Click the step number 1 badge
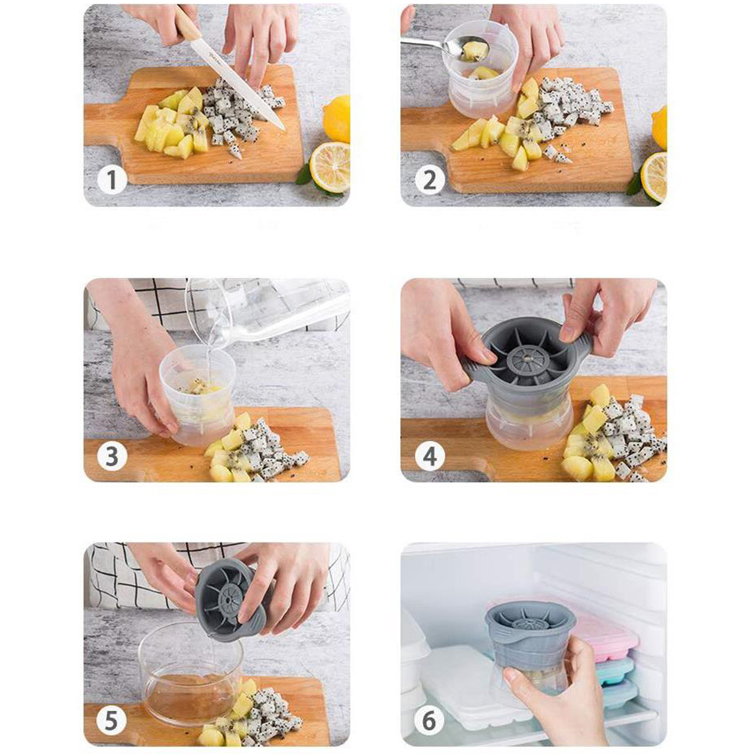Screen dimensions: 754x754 pos(111,180)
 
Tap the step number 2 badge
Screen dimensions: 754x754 pos(430,180)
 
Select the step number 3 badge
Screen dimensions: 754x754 pos(111,455)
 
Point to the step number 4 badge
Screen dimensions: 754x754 pos(430,455)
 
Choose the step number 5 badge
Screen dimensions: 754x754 pos(111,720)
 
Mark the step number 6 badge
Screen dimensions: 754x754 pos(430,720)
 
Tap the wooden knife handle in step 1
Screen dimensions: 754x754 pos(187,23)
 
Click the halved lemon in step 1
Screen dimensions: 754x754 pos(330,166)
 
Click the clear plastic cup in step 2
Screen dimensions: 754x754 pos(480,71)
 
